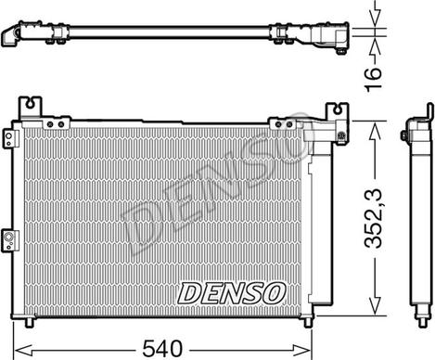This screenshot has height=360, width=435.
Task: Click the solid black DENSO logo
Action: coord(231,293)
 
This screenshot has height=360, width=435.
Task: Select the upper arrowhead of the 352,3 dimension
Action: coord(373,125)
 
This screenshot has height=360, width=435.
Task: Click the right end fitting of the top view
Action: coord(332,38)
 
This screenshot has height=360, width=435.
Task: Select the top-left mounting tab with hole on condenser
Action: coord(32,105)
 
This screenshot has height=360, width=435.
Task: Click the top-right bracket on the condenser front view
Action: coord(331,116)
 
